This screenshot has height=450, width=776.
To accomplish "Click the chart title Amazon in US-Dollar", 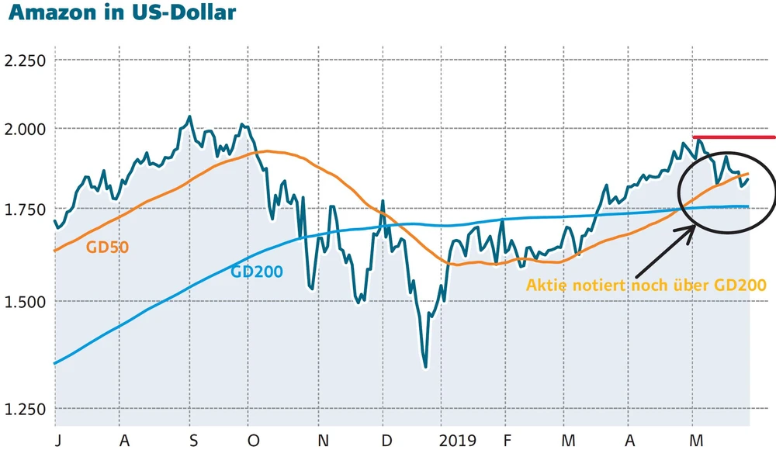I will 121,14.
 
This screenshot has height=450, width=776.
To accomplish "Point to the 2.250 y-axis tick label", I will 25,61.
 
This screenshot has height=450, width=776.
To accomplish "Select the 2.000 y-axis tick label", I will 25,129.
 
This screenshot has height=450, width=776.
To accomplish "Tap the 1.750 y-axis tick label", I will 25,209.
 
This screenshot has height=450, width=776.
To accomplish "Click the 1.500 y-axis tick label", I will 25,302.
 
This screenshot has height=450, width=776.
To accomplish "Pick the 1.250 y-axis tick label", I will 25,409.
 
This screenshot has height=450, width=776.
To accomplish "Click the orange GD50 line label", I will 108,248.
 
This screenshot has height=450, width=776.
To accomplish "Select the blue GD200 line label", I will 256,272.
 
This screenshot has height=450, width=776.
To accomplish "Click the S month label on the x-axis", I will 192,440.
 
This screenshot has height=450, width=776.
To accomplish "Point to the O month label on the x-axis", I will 253,440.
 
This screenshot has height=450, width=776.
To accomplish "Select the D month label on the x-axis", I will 387,440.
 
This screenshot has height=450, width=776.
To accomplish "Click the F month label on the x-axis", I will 507,440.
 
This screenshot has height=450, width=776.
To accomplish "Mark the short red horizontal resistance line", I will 733,137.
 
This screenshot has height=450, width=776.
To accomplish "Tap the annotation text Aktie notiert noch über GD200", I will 646,285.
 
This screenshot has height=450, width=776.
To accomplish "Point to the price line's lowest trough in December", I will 425,366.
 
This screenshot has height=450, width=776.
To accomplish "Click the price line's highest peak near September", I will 189,117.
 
